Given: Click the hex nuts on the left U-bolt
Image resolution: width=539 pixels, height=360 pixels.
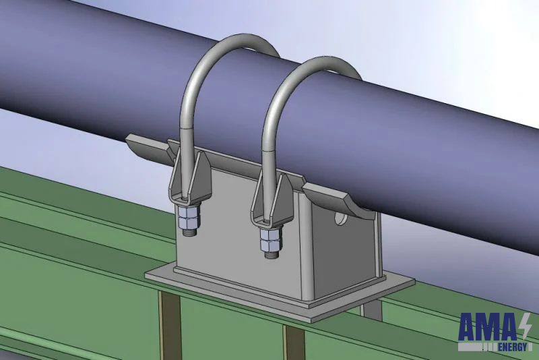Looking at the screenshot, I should (x=187, y=218).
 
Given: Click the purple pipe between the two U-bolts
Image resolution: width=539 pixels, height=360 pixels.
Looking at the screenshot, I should (x=236, y=101).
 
